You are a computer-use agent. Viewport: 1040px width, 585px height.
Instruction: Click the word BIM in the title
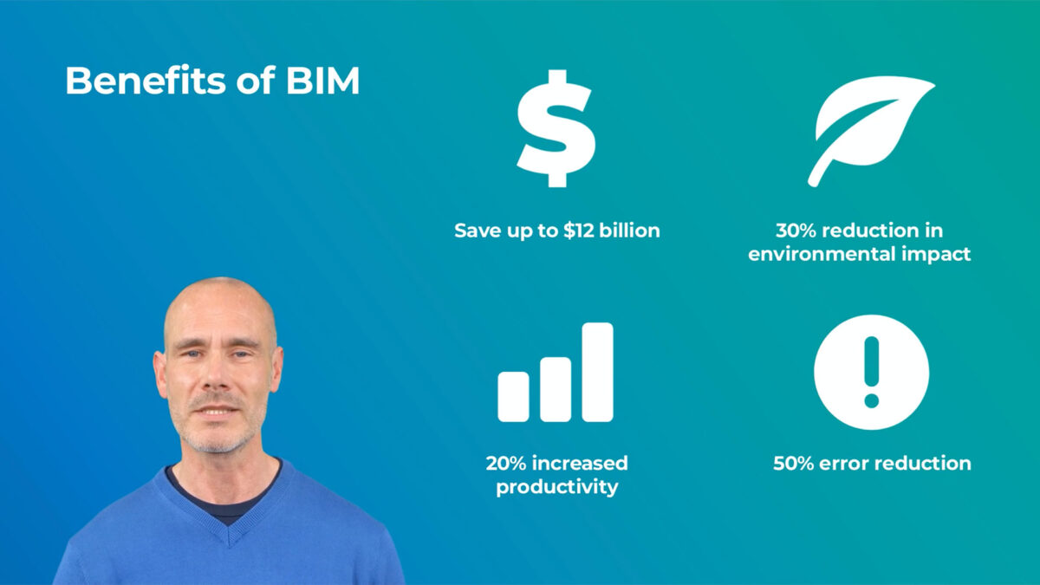point(322,81)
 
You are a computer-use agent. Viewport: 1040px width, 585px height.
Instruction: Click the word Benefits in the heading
point(146,81)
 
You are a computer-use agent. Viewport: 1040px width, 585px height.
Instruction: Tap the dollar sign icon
point(556,128)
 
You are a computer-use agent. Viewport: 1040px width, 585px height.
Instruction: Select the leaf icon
point(871,132)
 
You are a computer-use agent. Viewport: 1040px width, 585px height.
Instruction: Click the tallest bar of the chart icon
point(597,372)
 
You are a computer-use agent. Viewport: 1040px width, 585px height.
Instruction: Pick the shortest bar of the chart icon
point(513,397)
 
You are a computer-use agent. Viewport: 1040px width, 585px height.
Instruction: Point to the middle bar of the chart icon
point(556,389)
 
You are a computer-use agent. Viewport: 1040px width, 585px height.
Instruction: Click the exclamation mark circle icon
point(872,373)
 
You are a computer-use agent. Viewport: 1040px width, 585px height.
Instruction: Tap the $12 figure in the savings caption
point(579,231)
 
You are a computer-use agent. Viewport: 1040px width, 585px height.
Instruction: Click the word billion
point(629,230)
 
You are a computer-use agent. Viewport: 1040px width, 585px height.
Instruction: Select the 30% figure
point(796,231)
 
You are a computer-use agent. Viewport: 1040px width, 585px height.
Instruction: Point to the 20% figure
point(505,463)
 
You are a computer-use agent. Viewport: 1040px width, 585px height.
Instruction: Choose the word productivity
point(557,487)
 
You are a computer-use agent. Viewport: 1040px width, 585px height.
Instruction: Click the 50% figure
point(794,464)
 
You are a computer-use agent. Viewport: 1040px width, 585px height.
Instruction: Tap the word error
point(839,464)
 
